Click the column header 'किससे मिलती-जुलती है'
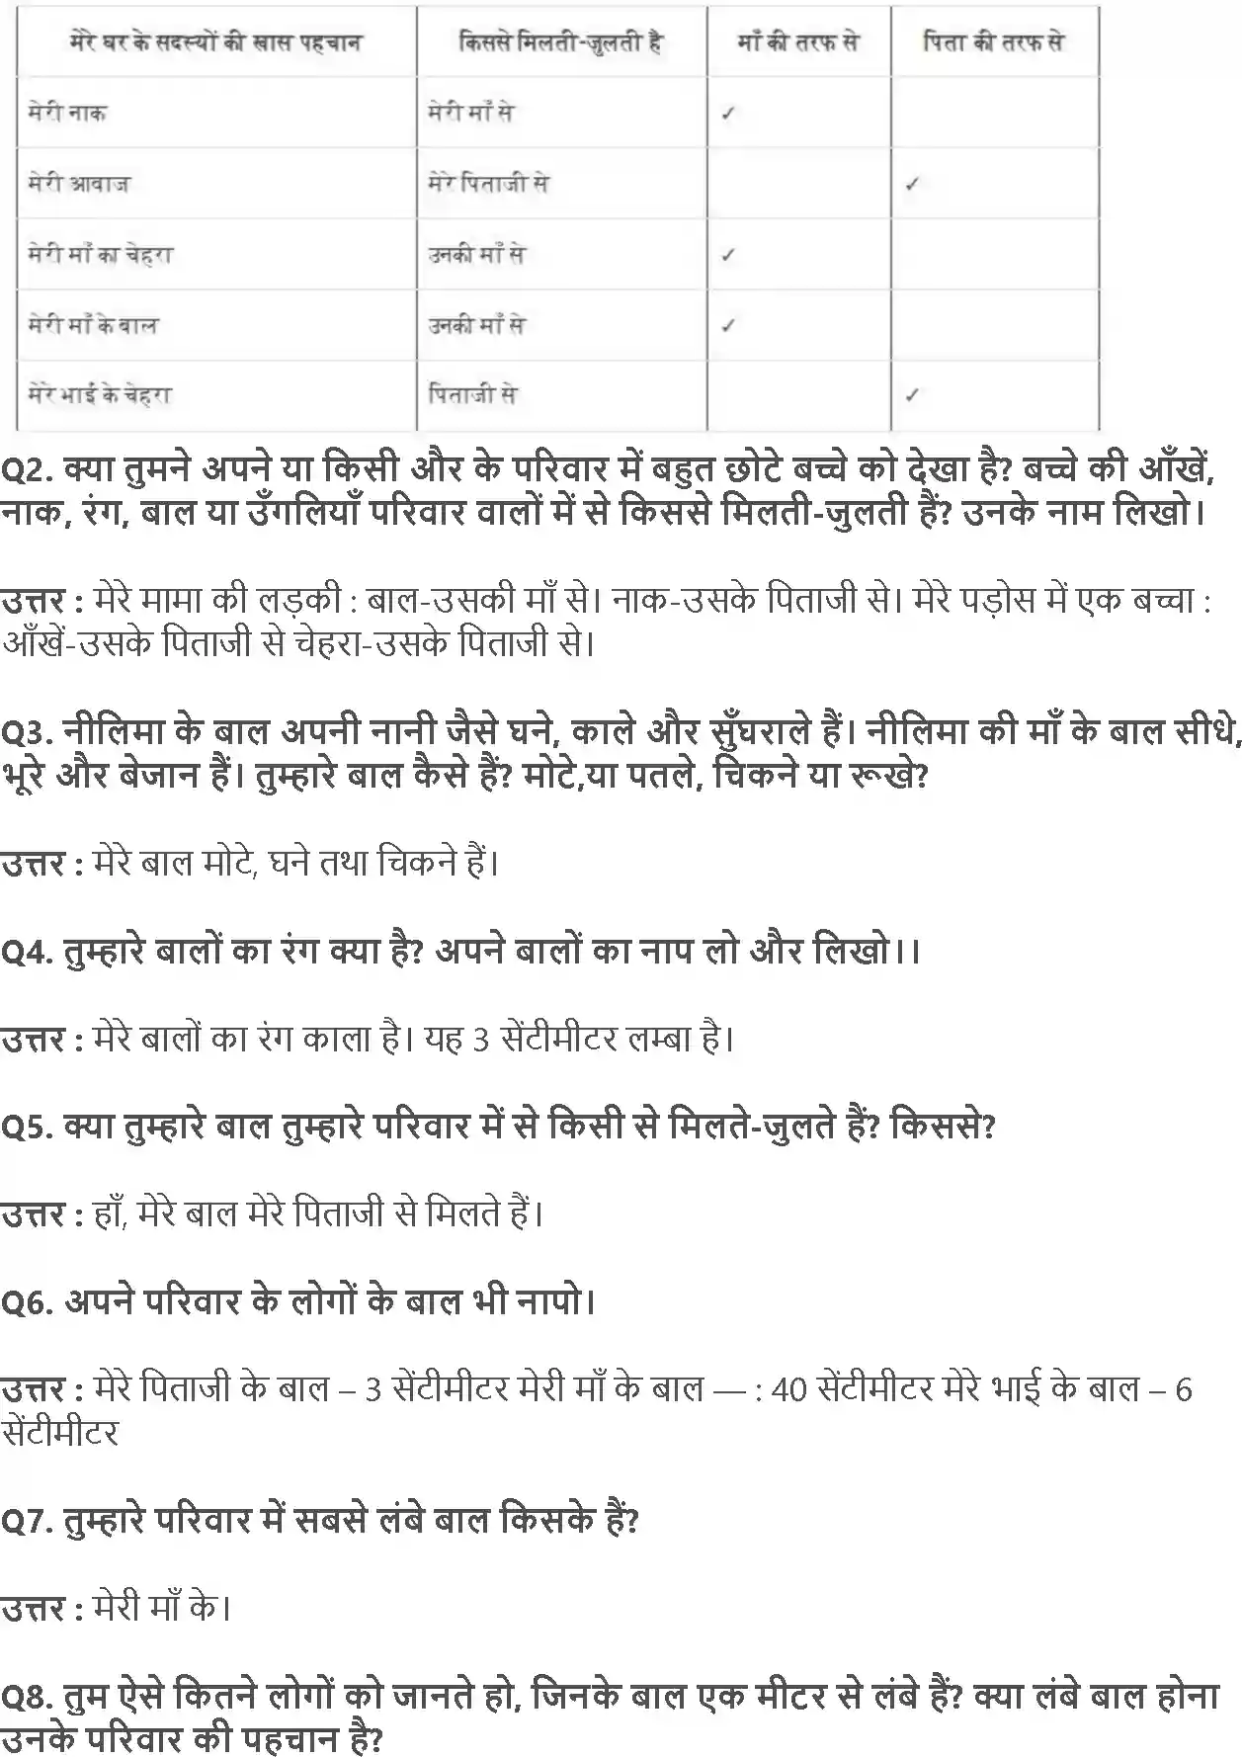click(561, 42)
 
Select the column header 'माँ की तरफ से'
click(798, 42)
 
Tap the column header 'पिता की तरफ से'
click(993, 42)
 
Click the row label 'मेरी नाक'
click(67, 113)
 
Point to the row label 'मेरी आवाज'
click(79, 184)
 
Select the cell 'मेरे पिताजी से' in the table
click(488, 184)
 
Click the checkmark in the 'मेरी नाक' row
click(728, 114)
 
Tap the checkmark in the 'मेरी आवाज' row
click(912, 185)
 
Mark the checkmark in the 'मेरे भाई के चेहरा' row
click(912, 395)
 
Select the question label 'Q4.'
click(27, 952)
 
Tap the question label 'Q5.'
click(27, 1127)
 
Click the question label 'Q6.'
click(27, 1302)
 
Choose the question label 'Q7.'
click(27, 1521)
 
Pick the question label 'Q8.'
click(27, 1697)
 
